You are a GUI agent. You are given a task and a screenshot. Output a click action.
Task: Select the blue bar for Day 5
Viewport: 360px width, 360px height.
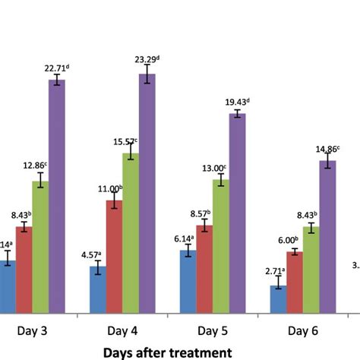point(188,281)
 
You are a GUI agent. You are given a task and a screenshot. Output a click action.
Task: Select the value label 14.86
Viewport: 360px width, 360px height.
point(327,149)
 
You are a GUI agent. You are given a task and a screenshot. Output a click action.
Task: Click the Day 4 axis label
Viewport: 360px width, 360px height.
point(122,331)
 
